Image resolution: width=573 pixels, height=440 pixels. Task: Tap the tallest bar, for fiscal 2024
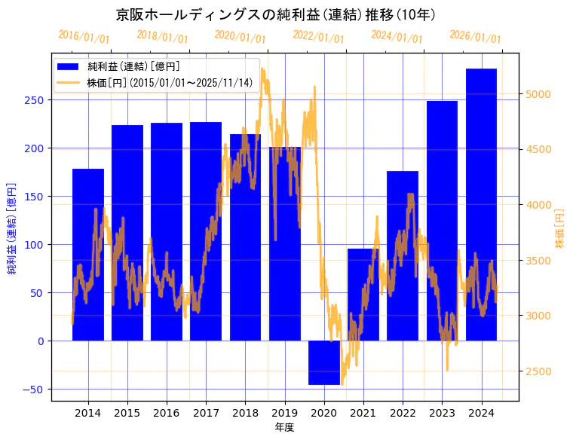point(481,204)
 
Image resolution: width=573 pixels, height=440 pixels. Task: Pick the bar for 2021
point(363,295)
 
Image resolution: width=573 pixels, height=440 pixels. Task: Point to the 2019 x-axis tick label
point(285,412)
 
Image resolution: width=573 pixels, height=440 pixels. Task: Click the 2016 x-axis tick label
point(167,412)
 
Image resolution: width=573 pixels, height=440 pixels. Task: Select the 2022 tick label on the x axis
point(403,412)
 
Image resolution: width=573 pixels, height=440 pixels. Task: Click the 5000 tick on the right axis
point(540,94)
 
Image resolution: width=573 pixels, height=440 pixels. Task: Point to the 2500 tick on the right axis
point(540,371)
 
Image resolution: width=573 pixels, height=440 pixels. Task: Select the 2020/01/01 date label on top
point(240,36)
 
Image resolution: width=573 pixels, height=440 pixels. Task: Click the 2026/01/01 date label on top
point(475,36)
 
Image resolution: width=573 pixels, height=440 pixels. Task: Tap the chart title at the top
point(276,14)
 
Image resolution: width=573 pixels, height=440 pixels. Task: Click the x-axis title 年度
point(285,427)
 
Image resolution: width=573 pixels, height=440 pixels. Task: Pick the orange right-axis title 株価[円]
point(560,228)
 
